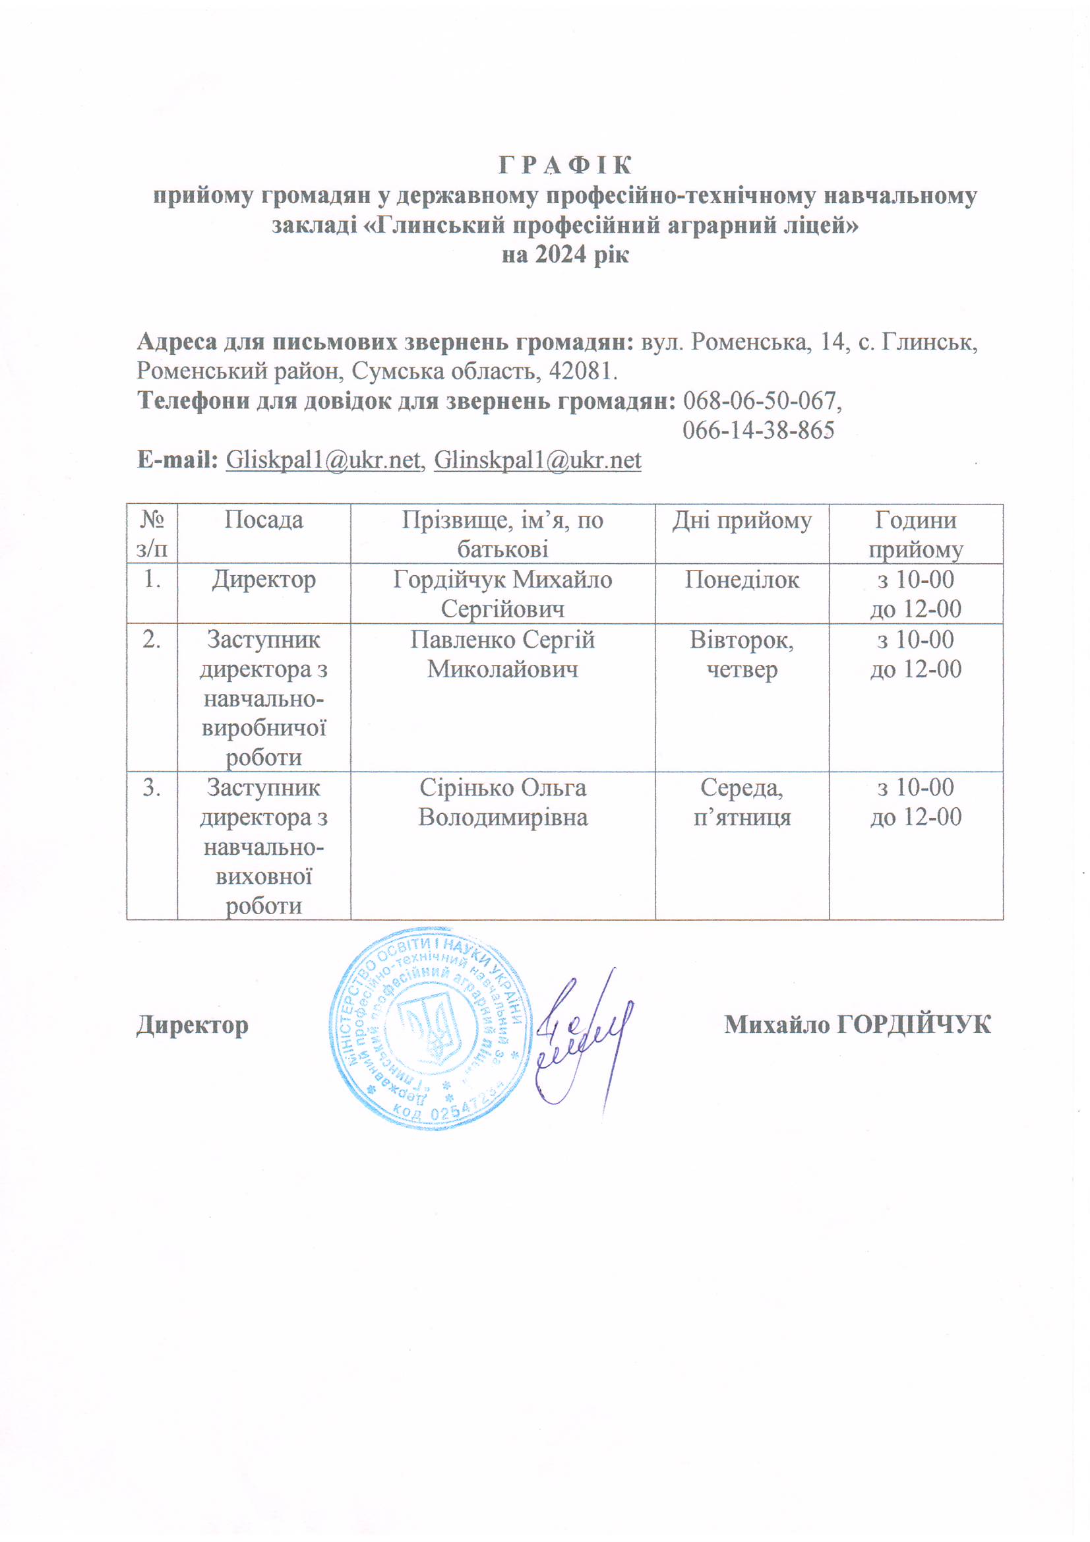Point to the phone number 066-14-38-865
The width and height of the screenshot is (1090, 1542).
click(x=758, y=431)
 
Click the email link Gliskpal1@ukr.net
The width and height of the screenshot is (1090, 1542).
click(x=323, y=460)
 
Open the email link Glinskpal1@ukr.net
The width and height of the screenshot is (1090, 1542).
click(x=537, y=460)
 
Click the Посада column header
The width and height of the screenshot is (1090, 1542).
click(x=263, y=520)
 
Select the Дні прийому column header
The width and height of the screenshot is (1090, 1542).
click(x=741, y=520)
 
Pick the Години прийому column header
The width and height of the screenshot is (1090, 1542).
click(x=915, y=534)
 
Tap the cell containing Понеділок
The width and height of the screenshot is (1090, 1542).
click(x=741, y=580)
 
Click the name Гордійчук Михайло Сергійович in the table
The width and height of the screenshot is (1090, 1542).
click(x=502, y=594)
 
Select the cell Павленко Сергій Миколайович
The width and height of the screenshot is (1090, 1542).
click(x=502, y=654)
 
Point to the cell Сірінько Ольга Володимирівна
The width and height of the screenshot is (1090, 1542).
click(x=502, y=802)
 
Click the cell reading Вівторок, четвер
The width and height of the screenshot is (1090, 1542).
click(x=741, y=654)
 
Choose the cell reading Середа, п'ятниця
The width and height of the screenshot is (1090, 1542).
click(x=741, y=802)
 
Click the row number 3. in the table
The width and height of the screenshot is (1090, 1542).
click(x=152, y=787)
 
